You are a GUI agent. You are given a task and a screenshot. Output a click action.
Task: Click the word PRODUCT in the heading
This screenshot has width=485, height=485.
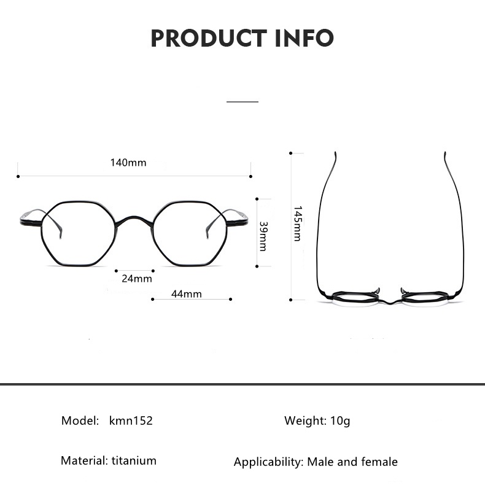[206, 38]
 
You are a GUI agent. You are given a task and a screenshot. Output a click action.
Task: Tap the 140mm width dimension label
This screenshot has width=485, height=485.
[128, 163]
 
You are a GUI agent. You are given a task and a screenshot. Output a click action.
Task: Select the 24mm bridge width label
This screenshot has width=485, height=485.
[136, 278]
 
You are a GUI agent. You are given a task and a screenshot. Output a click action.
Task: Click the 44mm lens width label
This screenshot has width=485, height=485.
[186, 293]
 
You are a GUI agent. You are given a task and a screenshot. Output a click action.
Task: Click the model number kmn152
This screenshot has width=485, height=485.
[131, 421]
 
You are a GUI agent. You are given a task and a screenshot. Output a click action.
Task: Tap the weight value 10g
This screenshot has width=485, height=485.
[339, 421]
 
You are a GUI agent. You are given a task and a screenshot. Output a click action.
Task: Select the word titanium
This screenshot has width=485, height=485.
[134, 460]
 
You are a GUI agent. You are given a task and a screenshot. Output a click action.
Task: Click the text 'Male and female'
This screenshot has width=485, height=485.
[352, 462]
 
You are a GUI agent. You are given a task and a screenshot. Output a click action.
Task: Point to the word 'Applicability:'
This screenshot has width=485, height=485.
[268, 462]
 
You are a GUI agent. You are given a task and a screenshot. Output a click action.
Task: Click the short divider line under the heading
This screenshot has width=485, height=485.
[243, 101]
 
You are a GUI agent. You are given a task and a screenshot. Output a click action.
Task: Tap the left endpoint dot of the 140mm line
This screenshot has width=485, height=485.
[18, 176]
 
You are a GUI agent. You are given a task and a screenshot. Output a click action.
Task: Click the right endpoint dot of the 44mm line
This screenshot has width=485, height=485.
[230, 300]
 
